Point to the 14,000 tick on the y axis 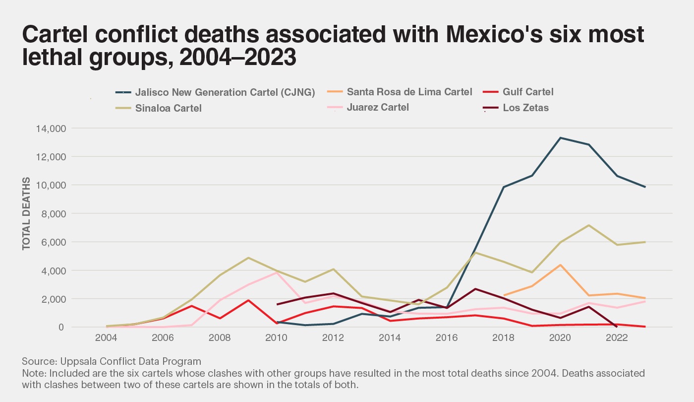(x=52, y=129)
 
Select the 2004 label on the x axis (x=106, y=338)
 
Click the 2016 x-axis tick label (x=447, y=338)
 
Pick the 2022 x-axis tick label (x=617, y=338)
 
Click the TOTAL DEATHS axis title (x=26, y=213)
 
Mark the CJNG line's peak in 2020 (x=560, y=137)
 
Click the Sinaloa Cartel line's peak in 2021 (x=588, y=225)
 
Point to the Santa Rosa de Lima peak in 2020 (x=560, y=265)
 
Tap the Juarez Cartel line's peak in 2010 (x=277, y=272)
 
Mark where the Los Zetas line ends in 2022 (x=617, y=327)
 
